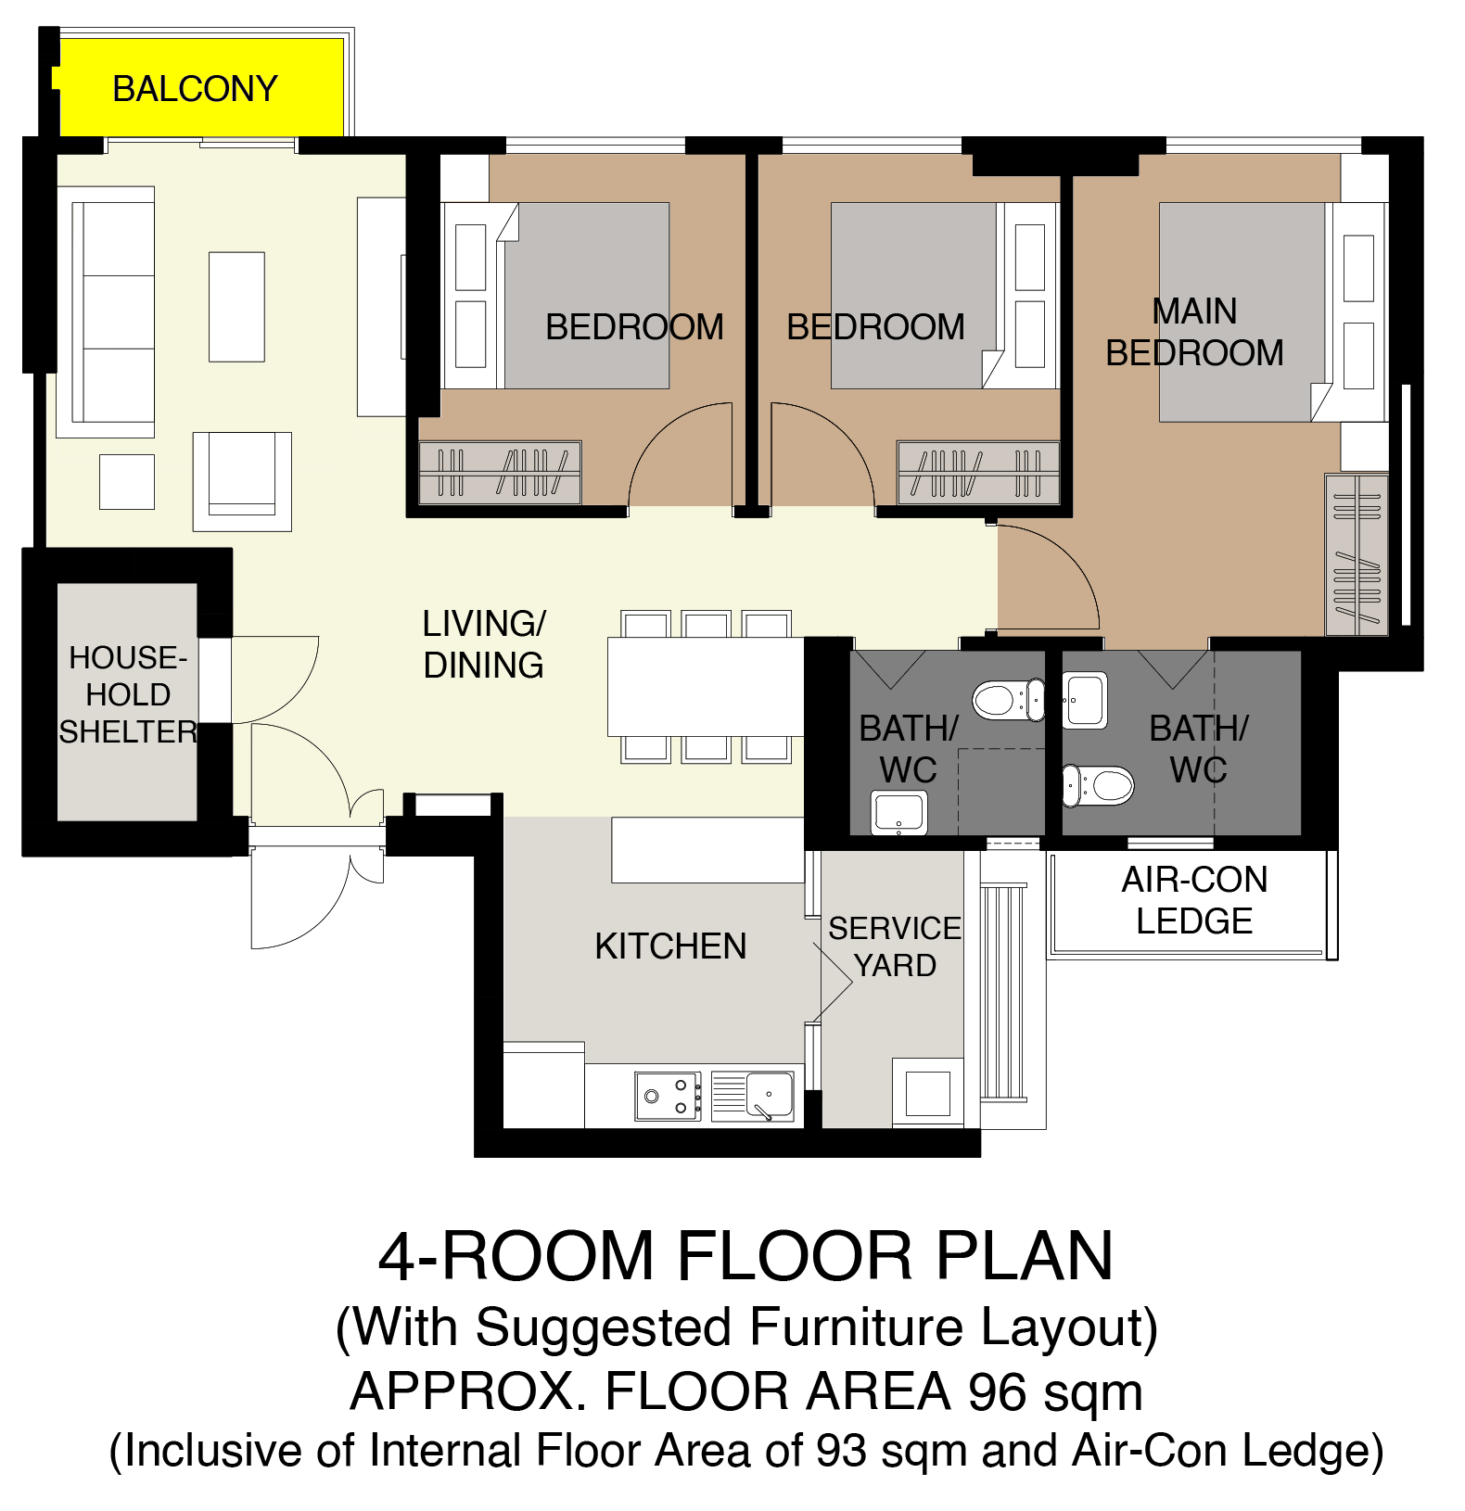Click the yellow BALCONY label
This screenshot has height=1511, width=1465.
pos(195,89)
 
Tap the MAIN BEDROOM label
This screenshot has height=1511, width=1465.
pos(1194,332)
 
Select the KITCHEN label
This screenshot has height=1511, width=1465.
pos(670,946)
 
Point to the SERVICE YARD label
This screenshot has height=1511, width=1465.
pos(895,946)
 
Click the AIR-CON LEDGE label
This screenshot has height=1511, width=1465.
pos(1194,900)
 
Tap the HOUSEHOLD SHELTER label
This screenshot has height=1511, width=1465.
pos(128,694)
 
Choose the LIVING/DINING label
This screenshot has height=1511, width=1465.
pos(484,644)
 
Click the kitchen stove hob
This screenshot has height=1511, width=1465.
pos(668,1096)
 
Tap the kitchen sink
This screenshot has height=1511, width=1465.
pos(753,1097)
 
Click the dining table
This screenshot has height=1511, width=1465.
pos(706,686)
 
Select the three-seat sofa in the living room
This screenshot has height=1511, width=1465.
pos(106,312)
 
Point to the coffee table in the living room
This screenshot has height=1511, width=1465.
pos(236,307)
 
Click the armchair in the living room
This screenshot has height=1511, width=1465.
pos(242,481)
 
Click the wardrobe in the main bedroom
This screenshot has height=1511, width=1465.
pos(1357,555)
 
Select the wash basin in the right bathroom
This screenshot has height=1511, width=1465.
pos(1085,701)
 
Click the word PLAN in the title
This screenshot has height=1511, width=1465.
pos(1024,1256)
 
